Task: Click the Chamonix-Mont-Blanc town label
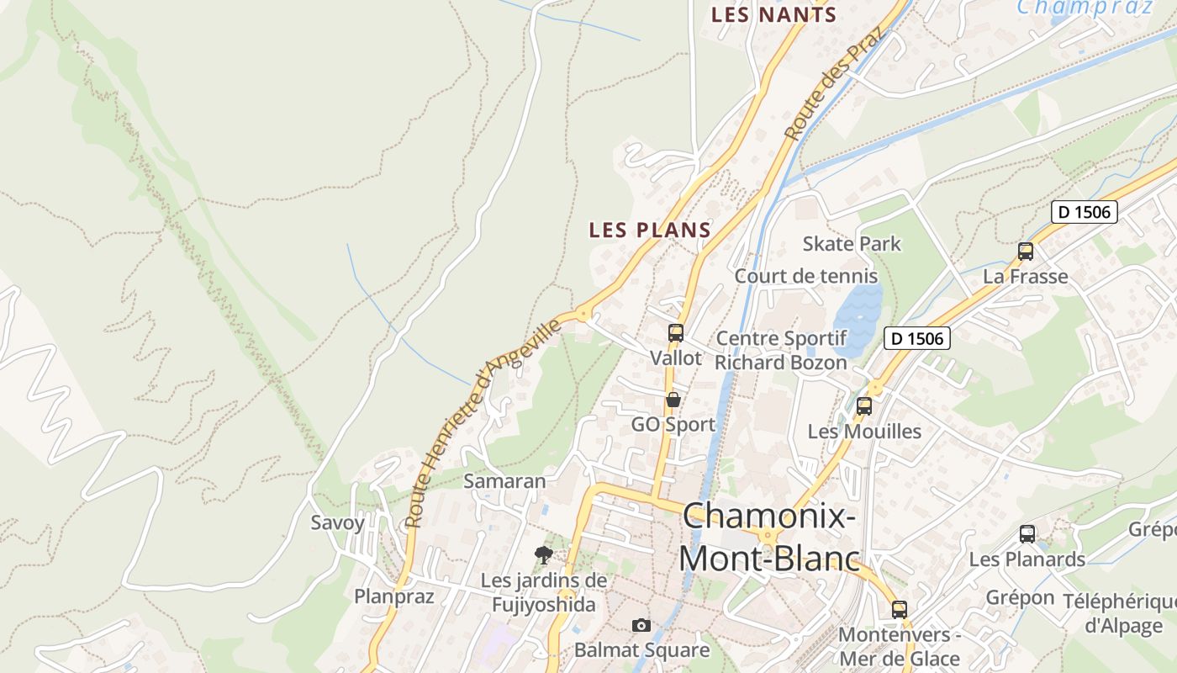click(x=769, y=537)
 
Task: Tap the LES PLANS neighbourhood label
click(x=650, y=230)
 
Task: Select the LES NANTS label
click(x=773, y=14)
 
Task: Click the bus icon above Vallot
click(x=676, y=333)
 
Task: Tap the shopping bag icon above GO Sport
click(x=673, y=400)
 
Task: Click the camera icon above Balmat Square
click(x=641, y=625)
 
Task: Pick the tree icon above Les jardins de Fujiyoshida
click(x=544, y=554)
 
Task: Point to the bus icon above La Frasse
click(x=1026, y=251)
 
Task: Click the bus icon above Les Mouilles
click(x=864, y=406)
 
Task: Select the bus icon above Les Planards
click(x=1027, y=534)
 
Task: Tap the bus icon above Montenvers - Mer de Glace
click(x=900, y=610)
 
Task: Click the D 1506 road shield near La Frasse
click(x=1084, y=212)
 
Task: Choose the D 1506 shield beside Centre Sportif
click(x=916, y=338)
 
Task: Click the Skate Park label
click(x=852, y=244)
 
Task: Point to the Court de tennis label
click(x=805, y=276)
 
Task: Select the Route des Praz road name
click(x=836, y=85)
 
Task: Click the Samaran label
click(x=504, y=481)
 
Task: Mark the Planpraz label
click(x=393, y=596)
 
